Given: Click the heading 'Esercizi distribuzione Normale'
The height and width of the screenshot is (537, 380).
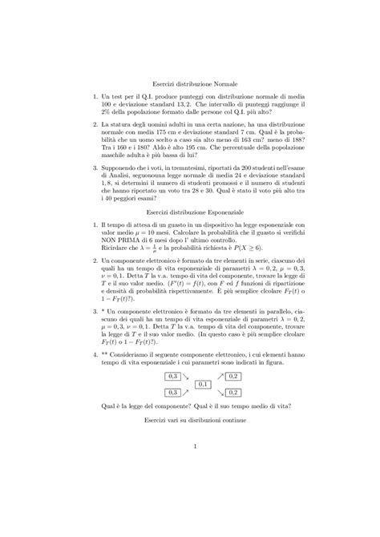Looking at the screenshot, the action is click(x=189, y=83).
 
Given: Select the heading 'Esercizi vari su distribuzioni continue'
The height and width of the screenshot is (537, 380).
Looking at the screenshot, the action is click(x=189, y=419).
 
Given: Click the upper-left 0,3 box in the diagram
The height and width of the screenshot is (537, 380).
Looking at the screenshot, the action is click(x=172, y=376).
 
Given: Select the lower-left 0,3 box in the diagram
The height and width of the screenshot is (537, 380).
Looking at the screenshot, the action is click(x=172, y=392).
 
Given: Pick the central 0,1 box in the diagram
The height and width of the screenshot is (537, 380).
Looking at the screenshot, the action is click(x=203, y=385).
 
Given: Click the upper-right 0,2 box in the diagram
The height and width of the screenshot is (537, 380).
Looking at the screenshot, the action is click(x=233, y=376).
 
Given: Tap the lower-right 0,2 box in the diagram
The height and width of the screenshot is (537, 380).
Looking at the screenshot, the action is click(x=233, y=392).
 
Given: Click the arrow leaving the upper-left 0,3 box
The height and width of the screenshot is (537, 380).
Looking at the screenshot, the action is click(x=186, y=378).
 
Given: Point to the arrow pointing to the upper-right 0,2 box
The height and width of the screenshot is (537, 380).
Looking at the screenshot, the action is click(x=220, y=377).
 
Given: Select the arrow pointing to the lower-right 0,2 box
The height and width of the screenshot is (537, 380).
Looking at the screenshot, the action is click(x=220, y=392).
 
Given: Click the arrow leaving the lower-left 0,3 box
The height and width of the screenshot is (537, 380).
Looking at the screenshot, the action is click(x=186, y=391).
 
